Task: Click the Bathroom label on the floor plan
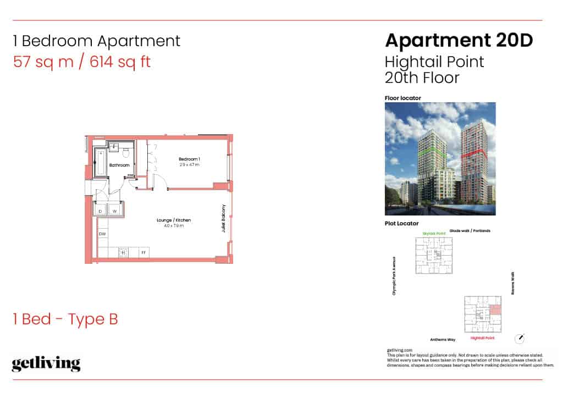coord(119,165)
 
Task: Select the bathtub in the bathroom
coord(101,162)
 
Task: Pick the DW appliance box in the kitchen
coord(102,235)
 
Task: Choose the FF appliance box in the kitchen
coord(143,252)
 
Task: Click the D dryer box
coord(101,211)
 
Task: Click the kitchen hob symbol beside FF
coord(124,252)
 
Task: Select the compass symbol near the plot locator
coord(520,338)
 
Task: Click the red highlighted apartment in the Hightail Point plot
coord(495,310)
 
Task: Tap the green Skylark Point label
coord(434,234)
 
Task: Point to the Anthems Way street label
coord(443,340)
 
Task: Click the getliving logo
coord(46,364)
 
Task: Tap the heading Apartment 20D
coord(459,40)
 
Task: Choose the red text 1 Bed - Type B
coord(65,319)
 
